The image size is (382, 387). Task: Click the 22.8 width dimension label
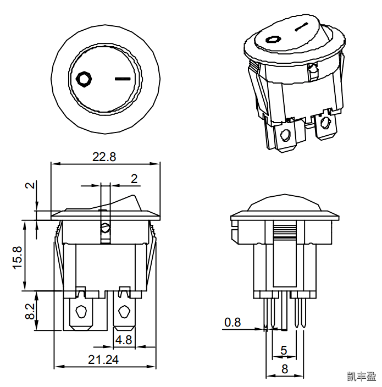point(104,157)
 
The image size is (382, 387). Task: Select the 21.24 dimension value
point(104,359)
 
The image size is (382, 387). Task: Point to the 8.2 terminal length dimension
point(30,311)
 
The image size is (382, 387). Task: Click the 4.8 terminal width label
point(124,340)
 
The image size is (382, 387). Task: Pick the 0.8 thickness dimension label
point(232,322)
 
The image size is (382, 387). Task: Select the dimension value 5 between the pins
point(284,350)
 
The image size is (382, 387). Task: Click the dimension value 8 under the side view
point(285,369)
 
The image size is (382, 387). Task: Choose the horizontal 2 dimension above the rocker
point(134,178)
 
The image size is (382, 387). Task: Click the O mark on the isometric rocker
point(273,40)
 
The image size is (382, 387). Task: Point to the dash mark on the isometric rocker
point(301,26)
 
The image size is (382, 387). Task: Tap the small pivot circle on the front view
point(105,227)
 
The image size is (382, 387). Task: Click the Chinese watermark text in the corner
point(361,377)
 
